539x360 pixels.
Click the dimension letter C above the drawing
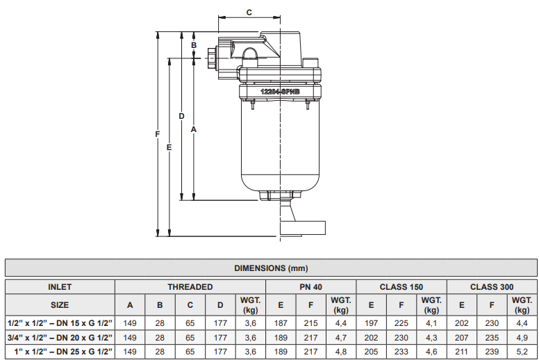(x=249, y=12)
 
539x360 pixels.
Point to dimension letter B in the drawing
(x=194, y=45)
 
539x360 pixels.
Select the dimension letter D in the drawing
(x=181, y=115)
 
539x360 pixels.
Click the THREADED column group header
(x=190, y=286)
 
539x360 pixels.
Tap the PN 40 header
(x=310, y=286)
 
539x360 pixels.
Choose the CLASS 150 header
(x=401, y=286)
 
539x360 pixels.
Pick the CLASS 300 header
(x=491, y=286)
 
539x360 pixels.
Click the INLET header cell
(x=60, y=286)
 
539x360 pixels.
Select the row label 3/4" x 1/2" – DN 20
(x=60, y=337)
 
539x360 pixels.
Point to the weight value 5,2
(x=522, y=352)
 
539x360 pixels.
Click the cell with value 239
(x=491, y=352)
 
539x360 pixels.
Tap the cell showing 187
(x=281, y=323)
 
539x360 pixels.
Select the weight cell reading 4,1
(x=431, y=323)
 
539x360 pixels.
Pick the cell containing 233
(x=401, y=352)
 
